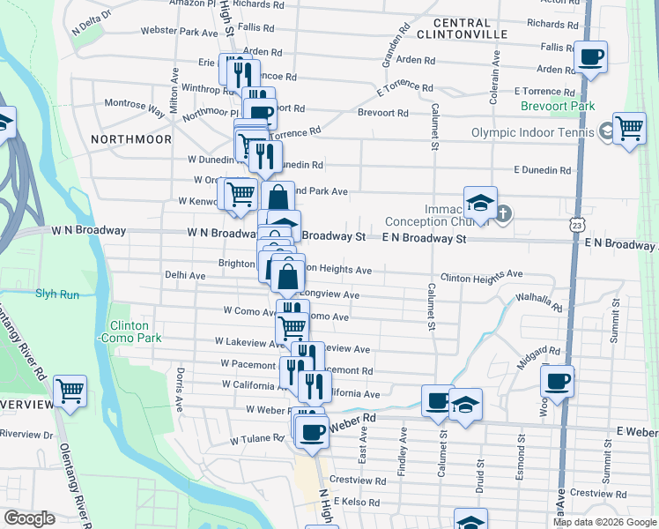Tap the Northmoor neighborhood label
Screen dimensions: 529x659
coord(129,139)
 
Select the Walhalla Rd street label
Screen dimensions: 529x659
coord(538,302)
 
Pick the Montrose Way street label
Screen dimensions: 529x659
coord(135,108)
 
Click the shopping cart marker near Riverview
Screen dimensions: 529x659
coord(70,390)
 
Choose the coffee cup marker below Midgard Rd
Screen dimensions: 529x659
coord(557,381)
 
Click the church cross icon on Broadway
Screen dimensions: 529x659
coord(503,214)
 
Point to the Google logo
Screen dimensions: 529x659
coord(29,518)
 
